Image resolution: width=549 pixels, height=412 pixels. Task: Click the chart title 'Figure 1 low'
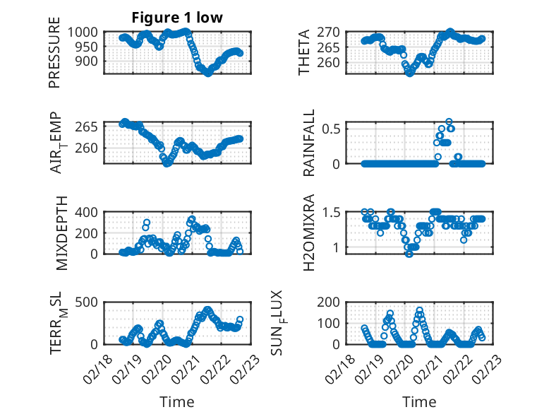[177, 18]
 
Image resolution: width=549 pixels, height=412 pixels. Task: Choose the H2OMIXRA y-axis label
[308, 232]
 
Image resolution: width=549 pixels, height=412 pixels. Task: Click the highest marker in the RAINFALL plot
[449, 122]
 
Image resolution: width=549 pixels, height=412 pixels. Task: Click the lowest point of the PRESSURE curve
[207, 73]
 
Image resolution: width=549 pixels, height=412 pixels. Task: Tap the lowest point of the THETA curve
[409, 72]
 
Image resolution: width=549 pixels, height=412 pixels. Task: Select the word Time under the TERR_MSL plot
[177, 401]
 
